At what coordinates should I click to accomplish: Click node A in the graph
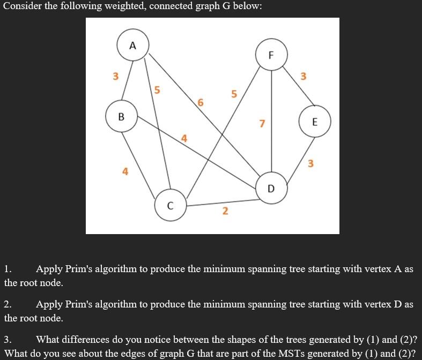[133, 46]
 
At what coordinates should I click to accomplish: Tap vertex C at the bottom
[171, 205]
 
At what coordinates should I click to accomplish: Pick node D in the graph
[271, 189]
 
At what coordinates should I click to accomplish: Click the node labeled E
[314, 122]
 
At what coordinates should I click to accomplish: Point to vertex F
[271, 55]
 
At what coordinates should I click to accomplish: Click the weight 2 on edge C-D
[225, 211]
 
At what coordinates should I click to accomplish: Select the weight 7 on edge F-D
[262, 124]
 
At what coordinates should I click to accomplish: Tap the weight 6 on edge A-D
[201, 102]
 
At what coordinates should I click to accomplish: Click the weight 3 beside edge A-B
[115, 77]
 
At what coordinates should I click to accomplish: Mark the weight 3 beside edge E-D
[310, 163]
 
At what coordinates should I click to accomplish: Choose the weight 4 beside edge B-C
[125, 171]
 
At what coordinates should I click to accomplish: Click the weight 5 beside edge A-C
[157, 90]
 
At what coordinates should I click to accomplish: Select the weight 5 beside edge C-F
[233, 94]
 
